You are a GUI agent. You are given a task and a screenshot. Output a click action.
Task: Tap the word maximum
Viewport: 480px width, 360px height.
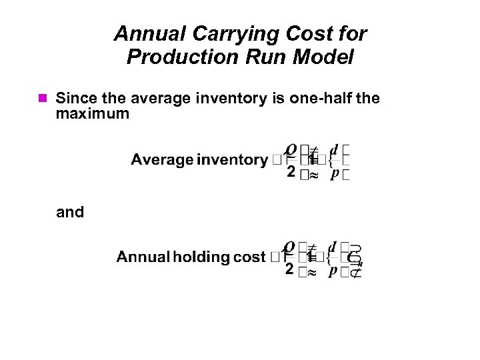tap(93, 114)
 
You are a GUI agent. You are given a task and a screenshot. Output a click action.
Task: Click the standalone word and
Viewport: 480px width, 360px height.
tap(70, 213)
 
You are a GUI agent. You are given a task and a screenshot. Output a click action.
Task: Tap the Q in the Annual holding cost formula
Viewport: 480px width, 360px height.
tap(291, 247)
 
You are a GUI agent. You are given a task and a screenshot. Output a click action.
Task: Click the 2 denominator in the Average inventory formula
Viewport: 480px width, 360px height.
tap(290, 172)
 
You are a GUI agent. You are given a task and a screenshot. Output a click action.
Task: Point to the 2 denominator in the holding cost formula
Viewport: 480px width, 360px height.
tap(290, 269)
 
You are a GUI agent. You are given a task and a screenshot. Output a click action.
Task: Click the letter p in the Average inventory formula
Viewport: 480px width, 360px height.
tap(335, 173)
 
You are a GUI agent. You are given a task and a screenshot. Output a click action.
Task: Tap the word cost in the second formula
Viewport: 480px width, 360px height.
tap(249, 257)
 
